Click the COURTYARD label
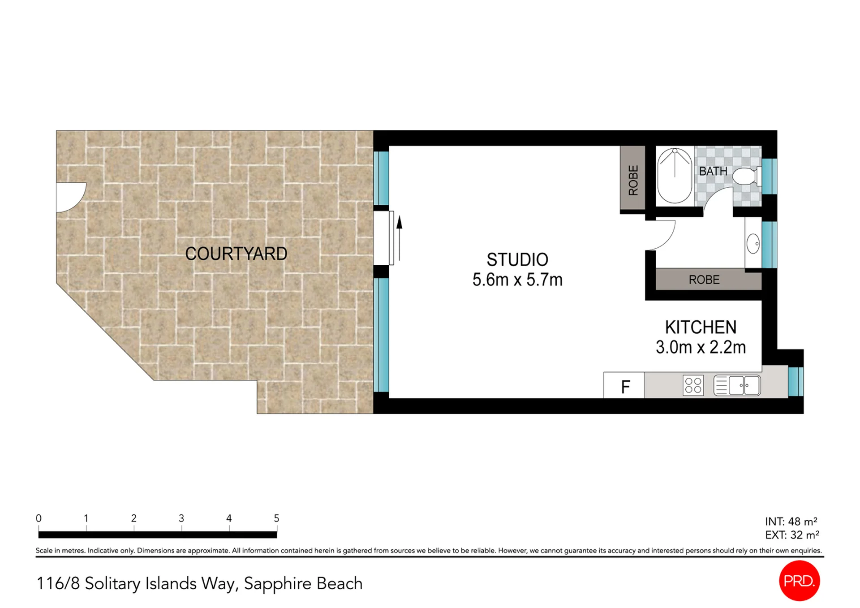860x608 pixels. pyautogui.click(x=236, y=254)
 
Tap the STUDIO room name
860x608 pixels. pyautogui.click(x=517, y=260)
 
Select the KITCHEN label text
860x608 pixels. pyautogui.click(x=701, y=328)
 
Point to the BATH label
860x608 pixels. pyautogui.click(x=713, y=171)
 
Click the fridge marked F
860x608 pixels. pyautogui.click(x=624, y=385)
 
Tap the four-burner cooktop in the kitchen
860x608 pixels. pyautogui.click(x=693, y=385)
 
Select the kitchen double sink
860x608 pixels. pyautogui.click(x=737, y=385)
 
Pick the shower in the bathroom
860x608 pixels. pyautogui.click(x=675, y=176)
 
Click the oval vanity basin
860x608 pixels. pyautogui.click(x=753, y=244)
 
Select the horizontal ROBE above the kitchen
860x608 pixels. pyautogui.click(x=704, y=280)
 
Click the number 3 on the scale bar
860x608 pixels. pyautogui.click(x=181, y=518)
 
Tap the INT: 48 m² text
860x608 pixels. pyautogui.click(x=791, y=522)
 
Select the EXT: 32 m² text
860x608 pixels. pyautogui.click(x=792, y=535)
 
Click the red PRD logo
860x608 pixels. pyautogui.click(x=800, y=581)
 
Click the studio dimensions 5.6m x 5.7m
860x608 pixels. pyautogui.click(x=517, y=280)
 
